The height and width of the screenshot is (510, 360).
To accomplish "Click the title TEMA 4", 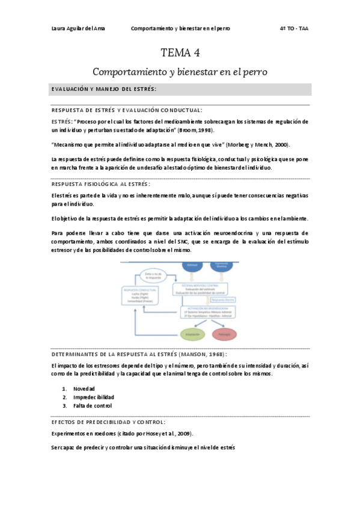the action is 180,53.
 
